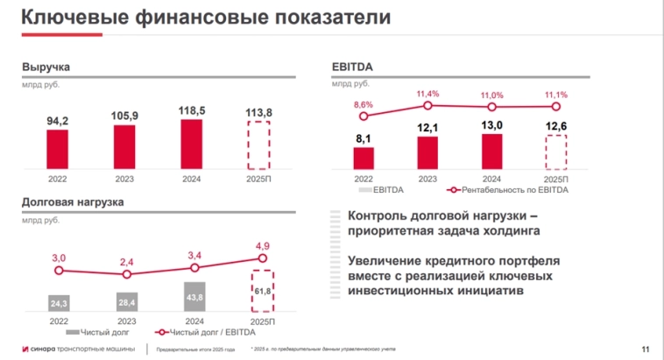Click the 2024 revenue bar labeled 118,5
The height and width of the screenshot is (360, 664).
pos(192,138)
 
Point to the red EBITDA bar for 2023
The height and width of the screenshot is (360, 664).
pos(427,152)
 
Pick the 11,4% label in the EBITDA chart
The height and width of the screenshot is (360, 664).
pos(427,94)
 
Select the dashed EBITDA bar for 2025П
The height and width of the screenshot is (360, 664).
pos(557,151)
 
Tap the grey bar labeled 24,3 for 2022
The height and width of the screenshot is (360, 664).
pos(59,304)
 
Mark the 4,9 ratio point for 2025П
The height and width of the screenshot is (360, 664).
pos(262,258)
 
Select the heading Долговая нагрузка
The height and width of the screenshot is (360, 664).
pos(72,202)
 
